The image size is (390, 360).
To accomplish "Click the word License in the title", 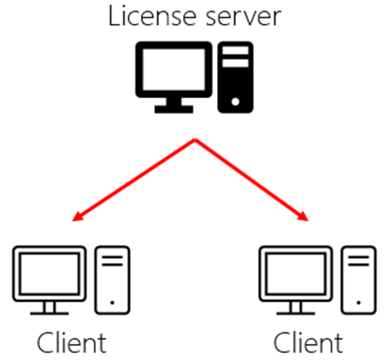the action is click(x=152, y=16).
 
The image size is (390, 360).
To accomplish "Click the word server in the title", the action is click(x=243, y=18).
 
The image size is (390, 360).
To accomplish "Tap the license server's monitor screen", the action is click(x=174, y=70).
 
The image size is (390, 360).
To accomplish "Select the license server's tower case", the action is click(x=236, y=77).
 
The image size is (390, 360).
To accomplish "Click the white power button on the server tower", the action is click(x=236, y=102).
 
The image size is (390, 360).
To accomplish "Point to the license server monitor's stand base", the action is click(x=174, y=109).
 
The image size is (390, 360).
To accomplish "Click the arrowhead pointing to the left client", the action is click(x=78, y=216).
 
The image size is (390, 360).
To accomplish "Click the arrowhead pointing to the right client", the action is click(x=303, y=216).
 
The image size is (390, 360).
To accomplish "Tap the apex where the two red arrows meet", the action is click(x=195, y=139).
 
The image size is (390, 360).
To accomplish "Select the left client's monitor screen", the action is click(x=49, y=273).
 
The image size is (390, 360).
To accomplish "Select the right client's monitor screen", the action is click(x=296, y=273).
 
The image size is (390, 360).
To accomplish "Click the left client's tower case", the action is click(x=112, y=280).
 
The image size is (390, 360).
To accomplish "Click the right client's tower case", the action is click(x=358, y=280).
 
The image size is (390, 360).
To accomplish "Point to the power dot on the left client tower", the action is click(x=112, y=303).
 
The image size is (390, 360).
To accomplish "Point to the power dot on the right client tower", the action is click(x=358, y=303).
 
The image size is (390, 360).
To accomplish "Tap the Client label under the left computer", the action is click(x=72, y=343).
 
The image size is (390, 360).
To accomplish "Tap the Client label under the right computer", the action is click(x=308, y=343).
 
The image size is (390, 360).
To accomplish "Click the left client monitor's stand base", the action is click(x=49, y=314).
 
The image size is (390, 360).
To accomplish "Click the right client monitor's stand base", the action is click(x=296, y=314).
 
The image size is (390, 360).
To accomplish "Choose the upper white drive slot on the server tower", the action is click(x=236, y=50).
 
